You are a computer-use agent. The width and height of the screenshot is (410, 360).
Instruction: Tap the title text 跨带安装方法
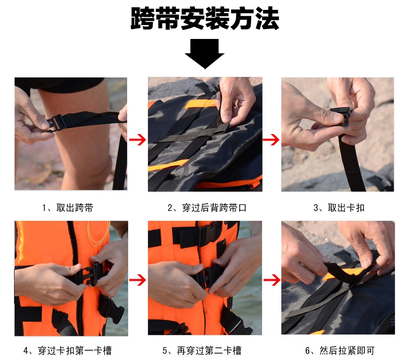pos(204,18)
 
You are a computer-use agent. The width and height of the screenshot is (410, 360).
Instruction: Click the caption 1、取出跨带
pos(67,208)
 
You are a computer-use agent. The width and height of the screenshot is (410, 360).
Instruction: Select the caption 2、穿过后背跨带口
pos(207,208)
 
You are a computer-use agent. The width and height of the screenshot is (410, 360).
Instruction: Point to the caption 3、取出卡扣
pos(339,208)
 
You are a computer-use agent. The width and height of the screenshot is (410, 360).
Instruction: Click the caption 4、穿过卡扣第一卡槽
pos(67,350)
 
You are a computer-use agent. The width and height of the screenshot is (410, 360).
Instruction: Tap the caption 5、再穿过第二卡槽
pos(202,350)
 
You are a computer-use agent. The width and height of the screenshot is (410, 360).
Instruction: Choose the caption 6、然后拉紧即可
pos(339,350)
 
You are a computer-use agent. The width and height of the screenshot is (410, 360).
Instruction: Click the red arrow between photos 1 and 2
pos(138,140)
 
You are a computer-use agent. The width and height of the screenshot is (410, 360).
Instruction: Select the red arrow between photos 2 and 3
pos(271,140)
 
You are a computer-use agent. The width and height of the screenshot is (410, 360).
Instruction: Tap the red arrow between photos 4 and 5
pos(138,280)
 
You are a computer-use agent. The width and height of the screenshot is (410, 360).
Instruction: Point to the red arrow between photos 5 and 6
pos(272,280)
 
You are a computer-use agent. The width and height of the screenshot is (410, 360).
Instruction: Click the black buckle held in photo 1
pos(56,123)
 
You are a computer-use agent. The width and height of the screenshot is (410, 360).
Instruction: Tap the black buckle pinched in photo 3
pos(340,116)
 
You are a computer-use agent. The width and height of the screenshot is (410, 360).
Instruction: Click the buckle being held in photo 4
pos(92,274)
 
